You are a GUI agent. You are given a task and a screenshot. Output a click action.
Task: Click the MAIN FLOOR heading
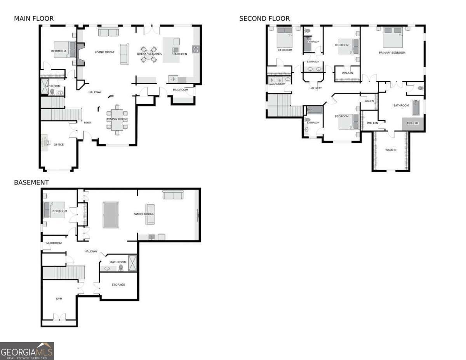pos(34,19)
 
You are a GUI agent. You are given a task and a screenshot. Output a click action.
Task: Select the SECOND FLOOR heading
pos(264,19)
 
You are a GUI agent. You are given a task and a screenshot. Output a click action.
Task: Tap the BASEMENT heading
pos(31,183)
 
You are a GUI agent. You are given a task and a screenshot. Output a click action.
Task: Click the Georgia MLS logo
pos(27,351)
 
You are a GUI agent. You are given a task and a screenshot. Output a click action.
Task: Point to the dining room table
pos(117,118)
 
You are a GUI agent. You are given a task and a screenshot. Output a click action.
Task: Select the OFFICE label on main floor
pos(59,144)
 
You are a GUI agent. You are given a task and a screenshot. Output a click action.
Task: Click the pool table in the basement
pos(111,215)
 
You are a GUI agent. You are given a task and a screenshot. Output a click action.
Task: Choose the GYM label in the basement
pos(59,299)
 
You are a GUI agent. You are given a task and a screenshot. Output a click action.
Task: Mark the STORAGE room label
pos(118,285)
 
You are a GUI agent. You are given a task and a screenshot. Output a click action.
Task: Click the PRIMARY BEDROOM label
pos(392,53)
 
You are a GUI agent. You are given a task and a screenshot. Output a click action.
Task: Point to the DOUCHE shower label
pos(413,123)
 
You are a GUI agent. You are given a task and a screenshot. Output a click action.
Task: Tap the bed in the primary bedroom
pos(392,37)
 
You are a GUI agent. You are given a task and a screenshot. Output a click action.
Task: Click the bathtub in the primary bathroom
pos(416,108)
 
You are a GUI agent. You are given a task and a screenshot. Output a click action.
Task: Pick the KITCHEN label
pos(181,54)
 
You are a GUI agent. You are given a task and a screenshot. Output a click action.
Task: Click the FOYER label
pos(87,123)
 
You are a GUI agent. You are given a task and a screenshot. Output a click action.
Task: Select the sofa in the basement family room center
pos(150,214)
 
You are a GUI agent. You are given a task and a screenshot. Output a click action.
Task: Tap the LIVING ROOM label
pos(104,52)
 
